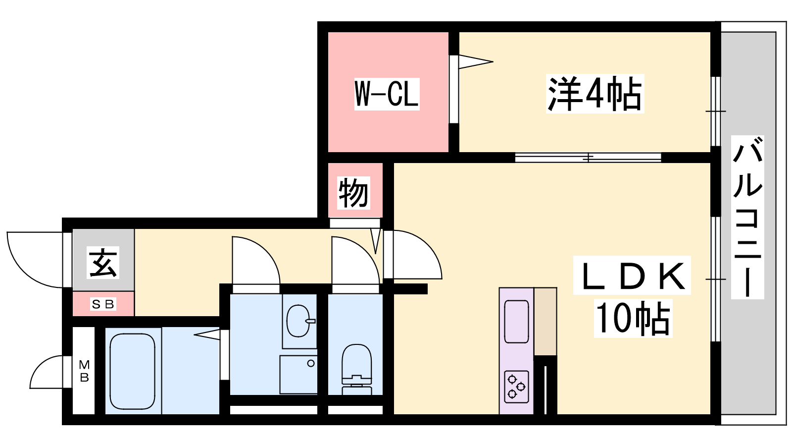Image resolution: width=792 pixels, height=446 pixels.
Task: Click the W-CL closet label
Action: point(387,94)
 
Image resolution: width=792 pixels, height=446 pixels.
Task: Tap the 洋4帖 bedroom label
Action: point(594,94)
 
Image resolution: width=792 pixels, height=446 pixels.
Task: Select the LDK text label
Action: point(632,276)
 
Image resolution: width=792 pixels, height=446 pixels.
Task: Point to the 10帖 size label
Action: point(633,318)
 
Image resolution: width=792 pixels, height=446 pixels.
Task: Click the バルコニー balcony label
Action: point(747,217)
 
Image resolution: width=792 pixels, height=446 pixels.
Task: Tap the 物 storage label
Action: point(353,193)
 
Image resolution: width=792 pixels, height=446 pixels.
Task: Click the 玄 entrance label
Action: point(103,262)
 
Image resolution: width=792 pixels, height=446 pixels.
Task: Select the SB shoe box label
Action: point(103,304)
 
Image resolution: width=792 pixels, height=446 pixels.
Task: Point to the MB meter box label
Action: point(84,371)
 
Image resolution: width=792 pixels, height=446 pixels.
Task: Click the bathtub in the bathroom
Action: point(133,371)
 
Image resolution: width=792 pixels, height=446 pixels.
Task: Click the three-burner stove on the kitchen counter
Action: point(517,387)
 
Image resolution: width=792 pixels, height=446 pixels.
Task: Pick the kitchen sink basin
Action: point(517,322)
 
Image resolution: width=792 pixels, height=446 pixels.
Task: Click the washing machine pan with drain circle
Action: point(298,375)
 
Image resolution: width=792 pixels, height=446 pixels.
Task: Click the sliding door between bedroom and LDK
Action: point(588,158)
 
